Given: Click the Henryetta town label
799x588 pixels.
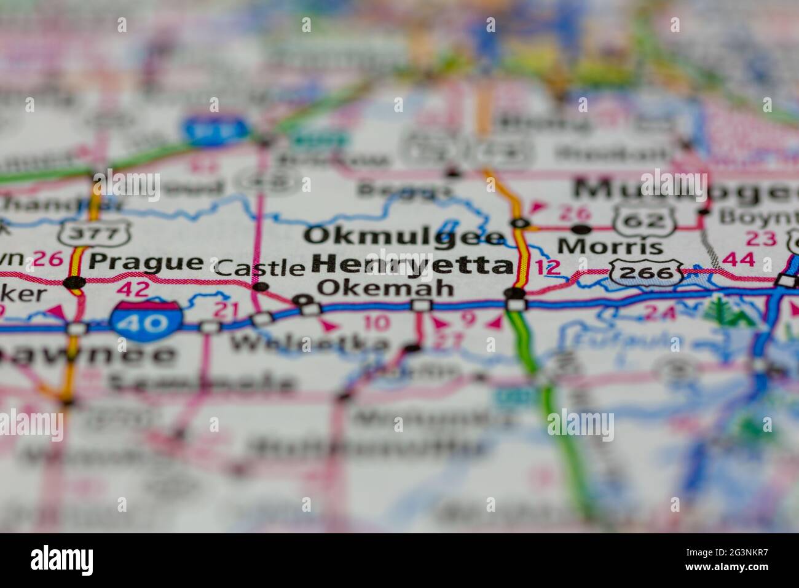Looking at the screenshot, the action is point(412,265).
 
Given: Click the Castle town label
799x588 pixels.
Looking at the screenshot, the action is point(261,268).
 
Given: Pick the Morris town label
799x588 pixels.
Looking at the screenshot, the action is point(610,247).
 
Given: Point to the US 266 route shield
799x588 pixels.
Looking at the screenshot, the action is point(647,270).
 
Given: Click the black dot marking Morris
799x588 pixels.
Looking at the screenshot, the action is point(581,229).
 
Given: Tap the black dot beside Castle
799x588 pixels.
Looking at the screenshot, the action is point(261,287).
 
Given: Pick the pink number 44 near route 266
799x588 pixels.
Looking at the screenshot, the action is point(738,260).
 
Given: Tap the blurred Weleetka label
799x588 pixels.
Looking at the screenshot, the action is point(310,343).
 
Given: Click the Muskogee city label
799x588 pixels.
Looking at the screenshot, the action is point(682,190).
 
